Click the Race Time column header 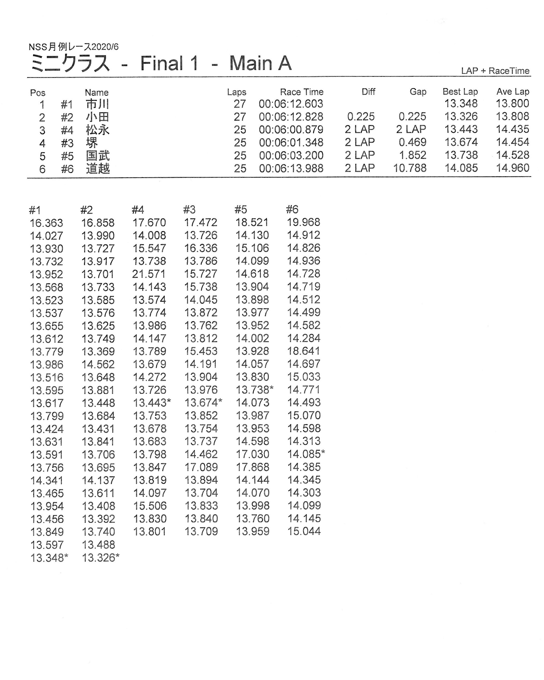point(301,92)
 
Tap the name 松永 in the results point(97,130)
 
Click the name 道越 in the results point(98,168)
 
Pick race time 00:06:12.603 point(291,104)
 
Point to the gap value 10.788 point(409,168)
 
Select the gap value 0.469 point(412,142)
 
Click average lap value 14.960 point(512,168)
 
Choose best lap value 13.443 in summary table point(461,129)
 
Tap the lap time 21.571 point(149,274)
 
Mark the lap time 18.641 point(303,351)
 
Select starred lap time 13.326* point(100,558)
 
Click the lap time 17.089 point(201,467)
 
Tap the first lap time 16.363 point(46,223)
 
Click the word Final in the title point(161,63)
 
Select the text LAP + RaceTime point(495,71)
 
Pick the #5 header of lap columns point(241,209)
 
